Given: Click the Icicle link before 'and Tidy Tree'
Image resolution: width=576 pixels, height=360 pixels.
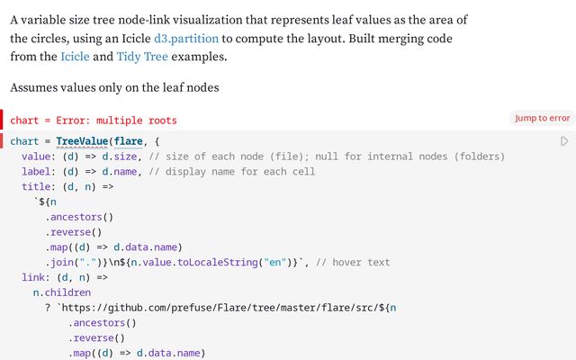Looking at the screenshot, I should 75,57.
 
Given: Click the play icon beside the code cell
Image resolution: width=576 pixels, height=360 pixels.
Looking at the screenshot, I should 564,141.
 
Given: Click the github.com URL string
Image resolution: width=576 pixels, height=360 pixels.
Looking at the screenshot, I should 216,308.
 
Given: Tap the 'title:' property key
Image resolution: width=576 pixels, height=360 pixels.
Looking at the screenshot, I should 39,187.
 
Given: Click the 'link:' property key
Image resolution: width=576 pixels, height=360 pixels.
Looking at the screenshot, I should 36,278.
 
